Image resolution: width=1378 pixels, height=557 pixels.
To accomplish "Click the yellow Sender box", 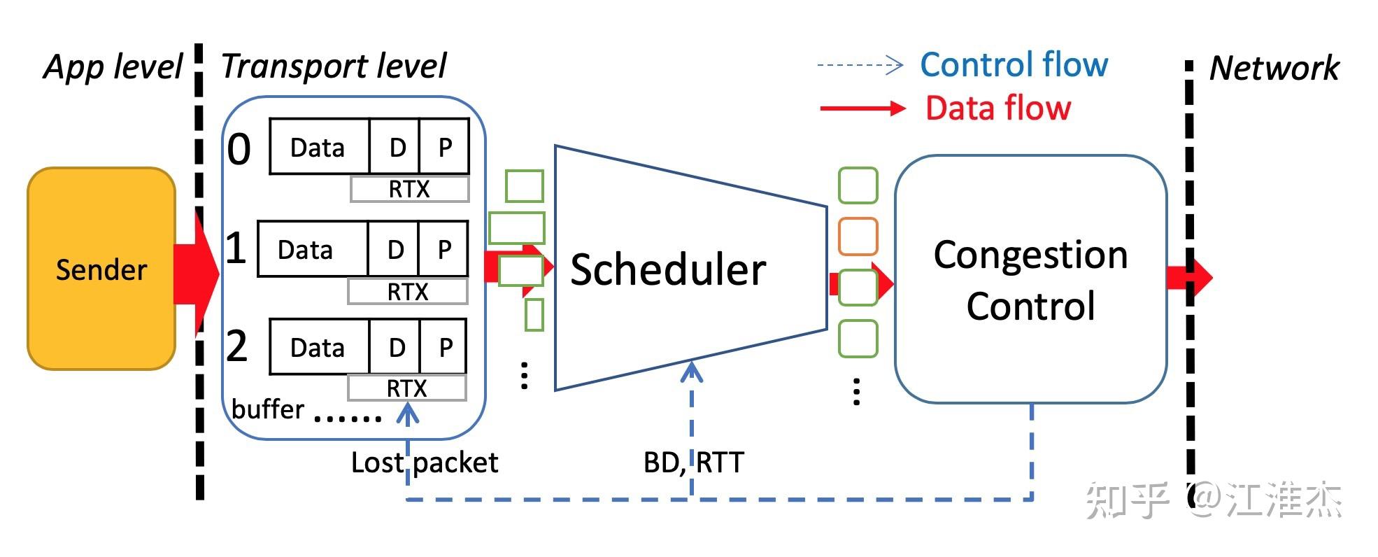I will coord(101,269).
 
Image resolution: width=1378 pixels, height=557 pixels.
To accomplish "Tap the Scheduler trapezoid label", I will coord(668,270).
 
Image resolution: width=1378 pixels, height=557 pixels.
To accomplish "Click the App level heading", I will coord(113,67).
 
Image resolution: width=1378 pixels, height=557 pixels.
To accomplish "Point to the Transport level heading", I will coord(334,66).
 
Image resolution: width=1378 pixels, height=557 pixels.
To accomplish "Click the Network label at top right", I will coord(1274,69).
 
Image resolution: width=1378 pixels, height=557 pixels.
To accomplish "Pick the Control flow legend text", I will coord(1014,65).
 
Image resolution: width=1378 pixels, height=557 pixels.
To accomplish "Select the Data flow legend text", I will coord(998,108).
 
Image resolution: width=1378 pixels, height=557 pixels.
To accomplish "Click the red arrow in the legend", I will coord(862,108).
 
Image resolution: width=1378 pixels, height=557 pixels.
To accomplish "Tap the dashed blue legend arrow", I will coord(860,65).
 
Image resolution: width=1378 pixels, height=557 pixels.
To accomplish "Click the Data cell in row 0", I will coord(318,147).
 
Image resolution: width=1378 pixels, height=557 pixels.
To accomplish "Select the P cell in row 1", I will coord(443,250).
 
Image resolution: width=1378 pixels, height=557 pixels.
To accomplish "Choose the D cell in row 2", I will coord(396,347).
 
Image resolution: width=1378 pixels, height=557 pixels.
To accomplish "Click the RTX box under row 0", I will coord(409,189).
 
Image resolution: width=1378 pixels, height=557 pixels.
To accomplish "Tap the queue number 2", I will coord(237,346).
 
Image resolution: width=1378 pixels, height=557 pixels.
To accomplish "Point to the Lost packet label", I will coord(424,463).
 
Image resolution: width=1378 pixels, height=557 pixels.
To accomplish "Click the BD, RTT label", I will coord(693,463).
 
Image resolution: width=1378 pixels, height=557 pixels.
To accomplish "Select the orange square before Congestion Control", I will coord(858,237).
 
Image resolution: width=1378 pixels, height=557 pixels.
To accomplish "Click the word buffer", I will coord(267,409).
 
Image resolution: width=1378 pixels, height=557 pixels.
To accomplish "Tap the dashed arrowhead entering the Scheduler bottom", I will coord(692,369).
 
